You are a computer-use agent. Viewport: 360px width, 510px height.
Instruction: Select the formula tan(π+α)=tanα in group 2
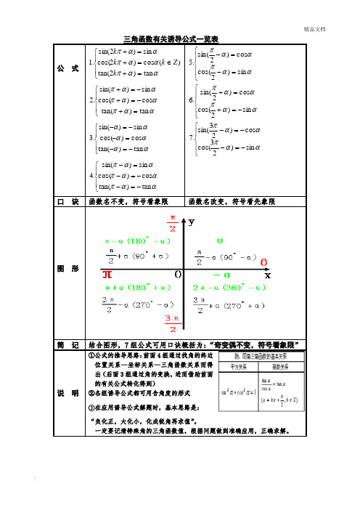coord(123,110)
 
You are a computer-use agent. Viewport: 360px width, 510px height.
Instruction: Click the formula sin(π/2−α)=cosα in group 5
coord(229,53)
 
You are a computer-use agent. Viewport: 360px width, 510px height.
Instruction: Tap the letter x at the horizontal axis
coord(266,275)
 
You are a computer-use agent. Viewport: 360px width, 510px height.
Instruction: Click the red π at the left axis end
coord(107,275)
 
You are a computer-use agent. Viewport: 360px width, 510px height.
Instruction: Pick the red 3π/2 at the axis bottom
coord(172,323)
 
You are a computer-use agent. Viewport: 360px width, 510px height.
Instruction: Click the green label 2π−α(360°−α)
coord(229,288)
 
